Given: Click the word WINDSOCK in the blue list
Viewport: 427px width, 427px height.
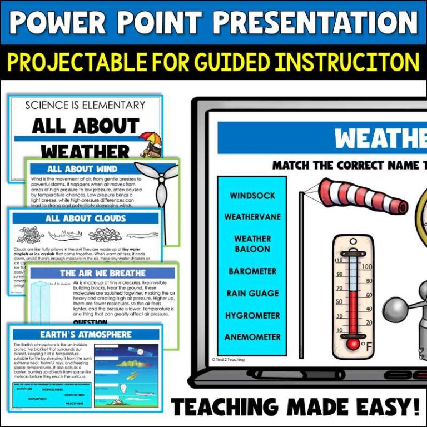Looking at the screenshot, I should (252, 196).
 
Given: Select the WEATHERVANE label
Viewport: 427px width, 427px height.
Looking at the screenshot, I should (252, 217).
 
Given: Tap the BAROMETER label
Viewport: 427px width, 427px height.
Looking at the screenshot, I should (252, 271).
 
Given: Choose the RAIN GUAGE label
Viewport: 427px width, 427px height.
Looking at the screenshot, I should (252, 293).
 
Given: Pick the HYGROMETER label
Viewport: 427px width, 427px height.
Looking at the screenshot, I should (252, 315).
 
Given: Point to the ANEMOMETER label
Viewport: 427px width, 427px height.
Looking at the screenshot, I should (252, 337).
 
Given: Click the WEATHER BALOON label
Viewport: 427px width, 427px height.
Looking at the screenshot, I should (252, 244).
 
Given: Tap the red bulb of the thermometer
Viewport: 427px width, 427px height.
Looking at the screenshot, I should (352, 344).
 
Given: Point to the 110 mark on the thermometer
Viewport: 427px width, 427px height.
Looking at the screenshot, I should (339, 260).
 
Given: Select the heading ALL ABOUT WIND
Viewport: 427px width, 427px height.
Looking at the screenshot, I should (82, 169).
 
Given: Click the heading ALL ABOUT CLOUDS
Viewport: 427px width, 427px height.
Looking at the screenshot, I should (86, 219).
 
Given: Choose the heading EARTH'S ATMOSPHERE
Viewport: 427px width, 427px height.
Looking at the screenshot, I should (86, 334).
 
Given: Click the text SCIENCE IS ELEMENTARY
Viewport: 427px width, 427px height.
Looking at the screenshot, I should (85, 105).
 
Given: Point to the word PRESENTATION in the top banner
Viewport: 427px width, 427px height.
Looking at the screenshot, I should (316, 22).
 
